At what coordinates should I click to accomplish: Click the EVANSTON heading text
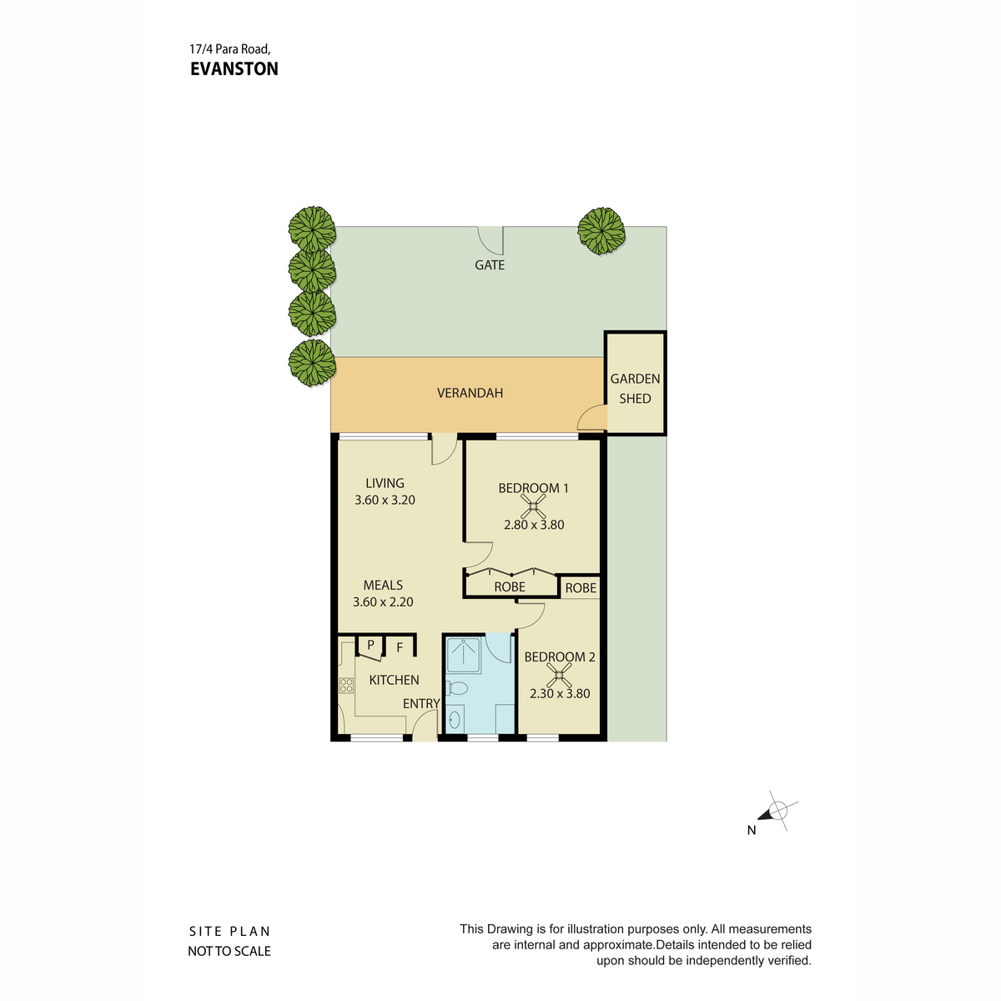pos(234,69)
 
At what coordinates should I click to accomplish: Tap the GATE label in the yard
pos(490,265)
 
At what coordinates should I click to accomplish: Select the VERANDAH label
pos(470,393)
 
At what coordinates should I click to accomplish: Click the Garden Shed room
pos(635,383)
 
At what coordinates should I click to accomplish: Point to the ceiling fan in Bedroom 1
pos(533,505)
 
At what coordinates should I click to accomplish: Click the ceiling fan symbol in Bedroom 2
pos(559,674)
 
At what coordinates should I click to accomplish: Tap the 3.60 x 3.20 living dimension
pos(385,500)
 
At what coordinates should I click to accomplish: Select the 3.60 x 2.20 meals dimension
pos(383,602)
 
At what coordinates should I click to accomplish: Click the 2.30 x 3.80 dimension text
pos(560,693)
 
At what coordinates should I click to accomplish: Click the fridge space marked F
pos(400,647)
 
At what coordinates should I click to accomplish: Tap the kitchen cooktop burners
pos(346,685)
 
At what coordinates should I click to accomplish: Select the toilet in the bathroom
pos(456,688)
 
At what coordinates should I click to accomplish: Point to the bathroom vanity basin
pos(455,719)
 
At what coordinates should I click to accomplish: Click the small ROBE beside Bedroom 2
pos(580,587)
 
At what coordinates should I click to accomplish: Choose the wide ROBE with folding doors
pos(511,585)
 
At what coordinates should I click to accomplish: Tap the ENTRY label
pos(421,703)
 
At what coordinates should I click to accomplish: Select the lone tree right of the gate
pos(601,231)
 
